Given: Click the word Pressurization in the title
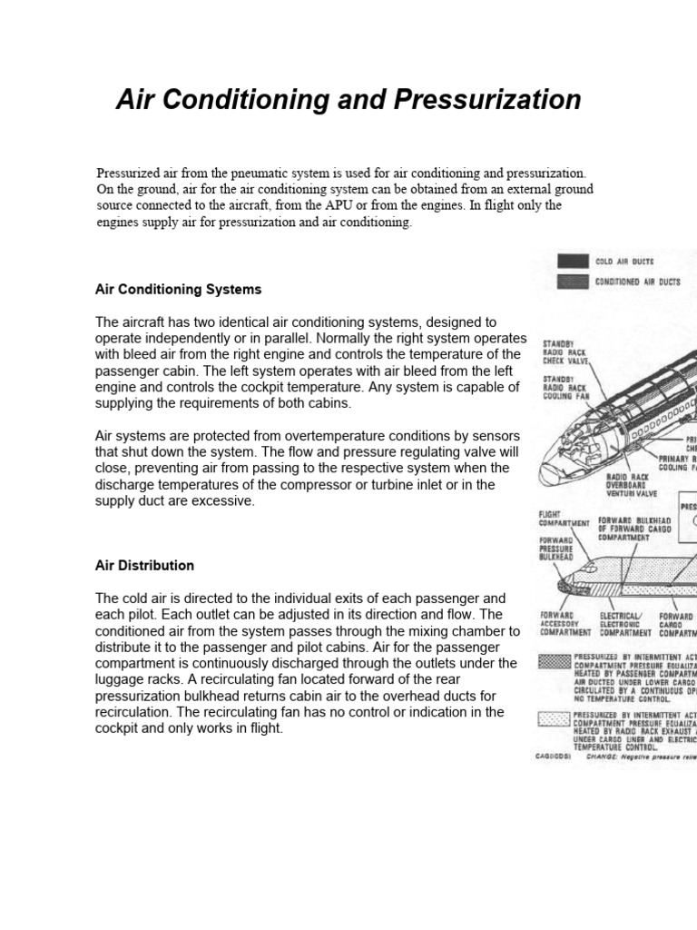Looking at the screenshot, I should pos(485,99).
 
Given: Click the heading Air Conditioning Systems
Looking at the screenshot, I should pos(178,290).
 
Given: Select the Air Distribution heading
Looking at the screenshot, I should pos(144,566).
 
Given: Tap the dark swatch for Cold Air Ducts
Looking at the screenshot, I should pos(572,262).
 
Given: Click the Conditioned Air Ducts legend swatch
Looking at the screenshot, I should pos(572,282).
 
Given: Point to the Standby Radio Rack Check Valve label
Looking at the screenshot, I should pos(564,352).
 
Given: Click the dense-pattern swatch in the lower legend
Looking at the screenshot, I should pos(553,661).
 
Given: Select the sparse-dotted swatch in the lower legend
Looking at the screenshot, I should pos(553,718).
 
